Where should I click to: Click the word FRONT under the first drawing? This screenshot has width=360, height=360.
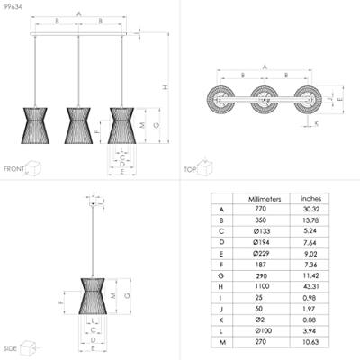click(x=13, y=168)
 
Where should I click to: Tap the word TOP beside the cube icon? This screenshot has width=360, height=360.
click(x=190, y=168)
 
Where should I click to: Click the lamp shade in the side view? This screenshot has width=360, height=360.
click(x=94, y=296)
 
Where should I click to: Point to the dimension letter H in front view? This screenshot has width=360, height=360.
click(x=165, y=87)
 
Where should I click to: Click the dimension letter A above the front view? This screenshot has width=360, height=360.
click(x=78, y=13)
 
